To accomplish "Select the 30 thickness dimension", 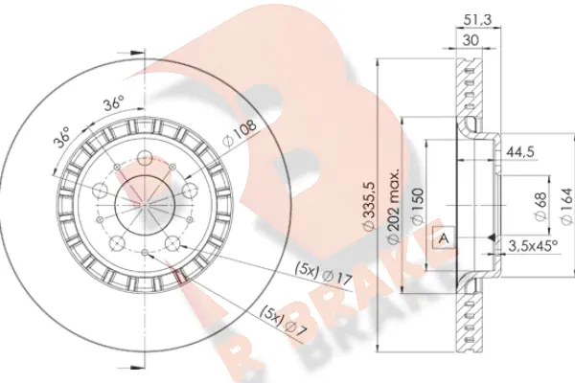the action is tap(471, 40).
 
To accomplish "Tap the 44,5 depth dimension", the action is tap(519, 151).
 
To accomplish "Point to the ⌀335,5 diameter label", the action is tap(369, 206).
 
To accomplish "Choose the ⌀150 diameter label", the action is tap(418, 206).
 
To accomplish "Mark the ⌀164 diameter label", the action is tap(566, 206).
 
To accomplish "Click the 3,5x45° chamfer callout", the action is tap(533, 246).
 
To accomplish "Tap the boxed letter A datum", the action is tap(444, 238).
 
